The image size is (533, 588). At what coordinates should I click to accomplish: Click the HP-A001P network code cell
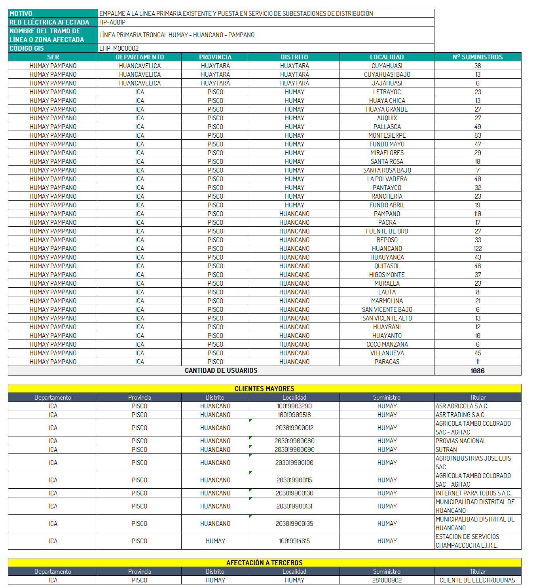coord(112,22)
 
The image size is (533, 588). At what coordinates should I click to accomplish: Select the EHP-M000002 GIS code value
coord(119,48)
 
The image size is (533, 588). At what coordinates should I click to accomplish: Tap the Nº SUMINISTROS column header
coord(478,57)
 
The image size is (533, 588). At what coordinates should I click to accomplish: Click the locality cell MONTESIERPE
coord(387,135)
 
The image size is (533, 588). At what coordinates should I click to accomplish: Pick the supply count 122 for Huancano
coord(478,248)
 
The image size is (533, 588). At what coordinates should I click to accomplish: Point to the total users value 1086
coord(478,371)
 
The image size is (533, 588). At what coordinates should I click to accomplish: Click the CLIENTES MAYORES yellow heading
coord(264,389)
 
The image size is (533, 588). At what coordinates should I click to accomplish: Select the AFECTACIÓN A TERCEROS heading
coord(264,563)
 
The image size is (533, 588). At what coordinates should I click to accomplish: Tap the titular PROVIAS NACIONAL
coord(461,441)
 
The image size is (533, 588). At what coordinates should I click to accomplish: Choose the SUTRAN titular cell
coord(446,450)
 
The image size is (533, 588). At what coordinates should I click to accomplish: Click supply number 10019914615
coord(294,541)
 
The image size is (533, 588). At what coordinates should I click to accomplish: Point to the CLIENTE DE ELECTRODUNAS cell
coord(477,580)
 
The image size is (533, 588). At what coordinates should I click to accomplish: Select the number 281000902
coord(387,580)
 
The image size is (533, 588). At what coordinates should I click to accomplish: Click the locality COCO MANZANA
coord(387,344)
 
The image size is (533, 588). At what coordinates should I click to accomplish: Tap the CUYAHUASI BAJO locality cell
coord(387,74)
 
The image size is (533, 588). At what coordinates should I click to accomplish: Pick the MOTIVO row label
coord(21,13)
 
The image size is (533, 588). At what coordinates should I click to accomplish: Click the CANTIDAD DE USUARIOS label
coord(221,370)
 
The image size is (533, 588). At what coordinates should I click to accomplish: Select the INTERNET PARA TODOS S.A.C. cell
coord(473,493)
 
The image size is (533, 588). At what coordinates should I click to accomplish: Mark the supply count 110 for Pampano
coord(478,214)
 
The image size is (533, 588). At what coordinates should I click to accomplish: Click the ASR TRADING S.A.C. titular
coord(460,415)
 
